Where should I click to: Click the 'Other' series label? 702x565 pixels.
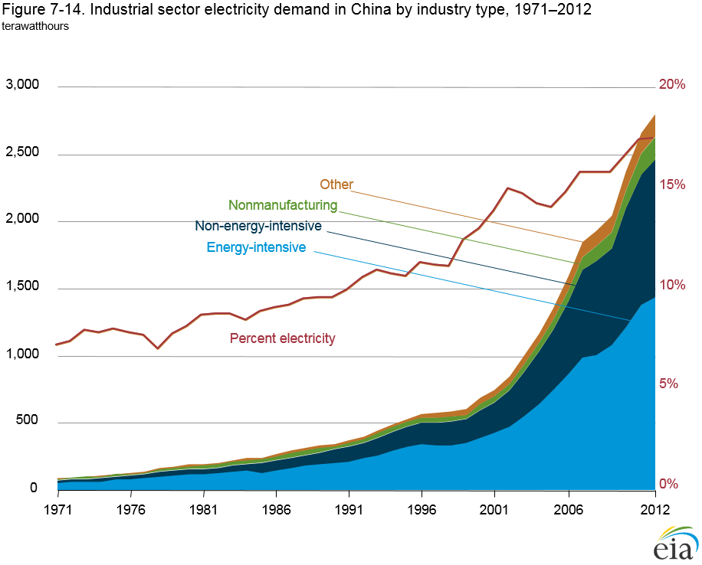pyautogui.click(x=336, y=185)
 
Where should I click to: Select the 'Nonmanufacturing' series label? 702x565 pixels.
pyautogui.click(x=283, y=205)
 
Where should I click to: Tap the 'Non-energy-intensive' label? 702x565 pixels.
pyautogui.click(x=258, y=226)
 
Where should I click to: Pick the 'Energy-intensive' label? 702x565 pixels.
pyautogui.click(x=256, y=247)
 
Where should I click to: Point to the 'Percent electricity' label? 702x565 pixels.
pyautogui.click(x=283, y=338)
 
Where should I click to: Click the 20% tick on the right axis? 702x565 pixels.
pyautogui.click(x=672, y=84)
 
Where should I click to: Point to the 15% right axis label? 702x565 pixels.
pyautogui.click(x=672, y=185)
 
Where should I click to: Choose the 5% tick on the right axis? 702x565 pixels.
pyautogui.click(x=669, y=384)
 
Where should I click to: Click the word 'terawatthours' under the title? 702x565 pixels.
pyautogui.click(x=36, y=25)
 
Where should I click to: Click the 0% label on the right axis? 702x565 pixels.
pyautogui.click(x=669, y=484)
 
